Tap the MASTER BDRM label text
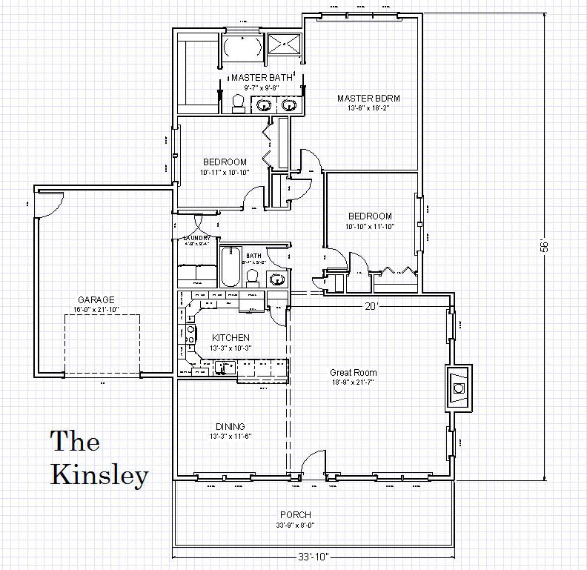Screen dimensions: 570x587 point(363,98)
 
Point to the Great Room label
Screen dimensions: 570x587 point(354,373)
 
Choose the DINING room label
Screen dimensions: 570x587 point(231,426)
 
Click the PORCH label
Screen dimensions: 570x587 point(295,514)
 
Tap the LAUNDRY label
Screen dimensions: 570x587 point(196,238)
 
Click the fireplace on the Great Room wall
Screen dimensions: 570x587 point(458,388)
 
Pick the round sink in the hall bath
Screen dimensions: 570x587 point(276,279)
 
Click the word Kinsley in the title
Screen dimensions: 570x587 point(99,474)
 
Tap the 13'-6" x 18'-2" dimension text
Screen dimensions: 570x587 point(363,108)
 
